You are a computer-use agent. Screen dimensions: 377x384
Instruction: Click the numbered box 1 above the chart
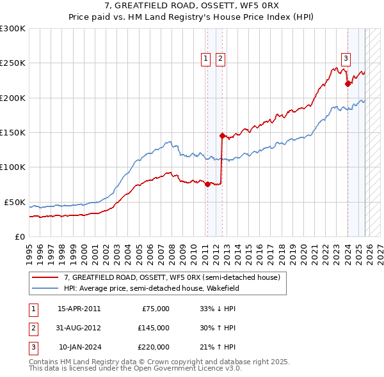206,59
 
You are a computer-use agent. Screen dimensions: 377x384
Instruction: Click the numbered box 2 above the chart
220,59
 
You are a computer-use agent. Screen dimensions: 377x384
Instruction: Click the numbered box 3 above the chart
346,59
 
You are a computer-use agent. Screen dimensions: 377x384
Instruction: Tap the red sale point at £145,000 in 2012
222,135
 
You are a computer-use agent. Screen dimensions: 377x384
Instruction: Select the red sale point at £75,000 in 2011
207,184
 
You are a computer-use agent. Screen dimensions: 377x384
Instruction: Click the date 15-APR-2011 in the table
79,309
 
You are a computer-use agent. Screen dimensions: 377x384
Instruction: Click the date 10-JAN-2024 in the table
79,347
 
